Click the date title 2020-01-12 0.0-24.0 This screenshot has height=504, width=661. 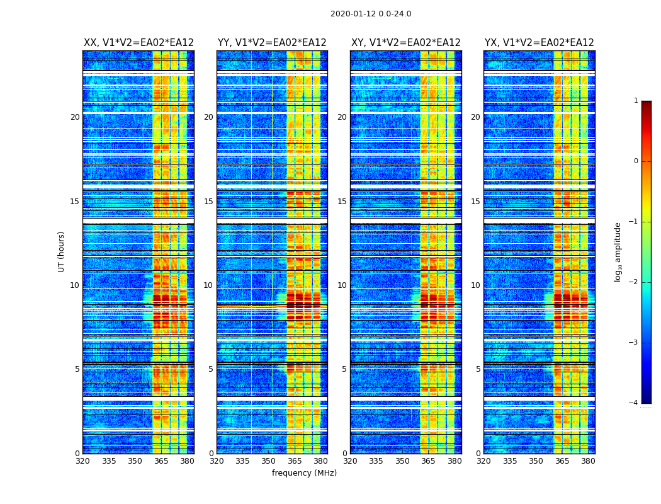(371, 14)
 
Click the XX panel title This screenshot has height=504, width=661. (138, 43)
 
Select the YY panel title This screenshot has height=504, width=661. (272, 43)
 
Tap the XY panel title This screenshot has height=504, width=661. (406, 43)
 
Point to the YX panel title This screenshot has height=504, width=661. (540, 43)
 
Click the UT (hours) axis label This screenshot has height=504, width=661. (62, 251)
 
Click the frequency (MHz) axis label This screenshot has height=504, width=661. (304, 473)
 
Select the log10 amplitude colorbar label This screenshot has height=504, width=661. (618, 251)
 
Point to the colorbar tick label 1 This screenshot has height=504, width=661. (636, 101)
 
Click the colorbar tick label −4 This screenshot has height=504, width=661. (635, 403)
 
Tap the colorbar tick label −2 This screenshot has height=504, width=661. (635, 282)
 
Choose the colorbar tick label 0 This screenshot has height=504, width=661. (636, 161)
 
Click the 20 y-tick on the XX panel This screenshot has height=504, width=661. (75, 117)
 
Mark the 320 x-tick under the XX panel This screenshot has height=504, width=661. (83, 461)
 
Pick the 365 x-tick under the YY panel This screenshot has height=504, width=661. (295, 461)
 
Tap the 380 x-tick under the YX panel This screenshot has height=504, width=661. (589, 461)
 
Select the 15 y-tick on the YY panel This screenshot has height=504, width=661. (208, 202)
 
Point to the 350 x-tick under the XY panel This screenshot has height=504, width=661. (402, 461)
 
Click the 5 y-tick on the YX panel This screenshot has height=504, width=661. (478, 369)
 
